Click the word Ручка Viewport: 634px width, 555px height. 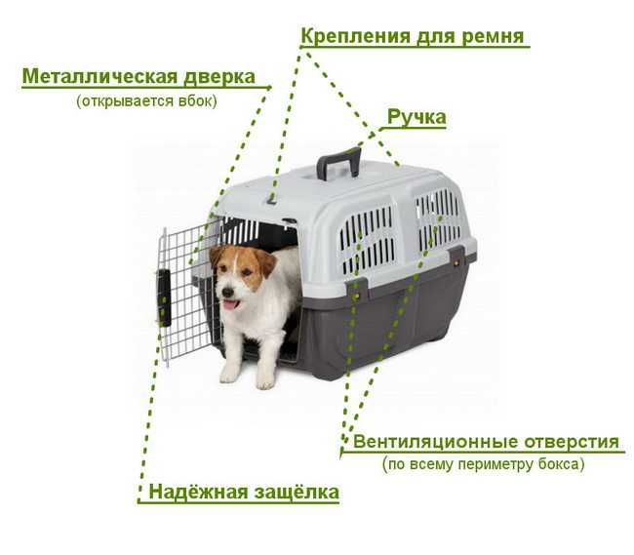tap(416, 117)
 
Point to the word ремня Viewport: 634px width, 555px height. tap(494, 36)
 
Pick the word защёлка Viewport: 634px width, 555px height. tap(292, 492)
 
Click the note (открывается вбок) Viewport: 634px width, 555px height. tap(146, 100)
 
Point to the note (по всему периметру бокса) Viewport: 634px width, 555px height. tap(483, 464)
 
